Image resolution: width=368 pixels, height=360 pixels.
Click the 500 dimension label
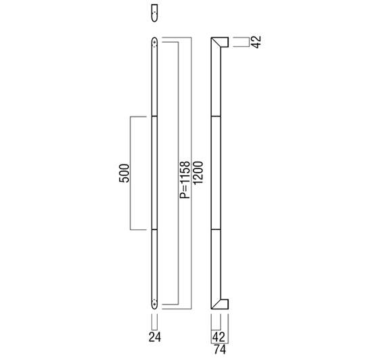click(124, 173)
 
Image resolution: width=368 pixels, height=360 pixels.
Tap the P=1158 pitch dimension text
click(185, 180)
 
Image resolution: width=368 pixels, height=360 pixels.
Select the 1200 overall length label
click(198, 173)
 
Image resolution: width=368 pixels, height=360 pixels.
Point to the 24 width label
click(155, 338)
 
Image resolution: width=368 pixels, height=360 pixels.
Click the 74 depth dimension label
click(220, 349)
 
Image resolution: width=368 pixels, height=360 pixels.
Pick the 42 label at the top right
click(256, 42)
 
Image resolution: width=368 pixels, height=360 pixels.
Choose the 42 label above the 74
click(218, 338)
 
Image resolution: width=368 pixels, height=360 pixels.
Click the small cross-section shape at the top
click(154, 13)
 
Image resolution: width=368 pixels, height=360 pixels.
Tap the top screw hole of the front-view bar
click(154, 42)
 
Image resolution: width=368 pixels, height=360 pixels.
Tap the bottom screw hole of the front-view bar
click(154, 305)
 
